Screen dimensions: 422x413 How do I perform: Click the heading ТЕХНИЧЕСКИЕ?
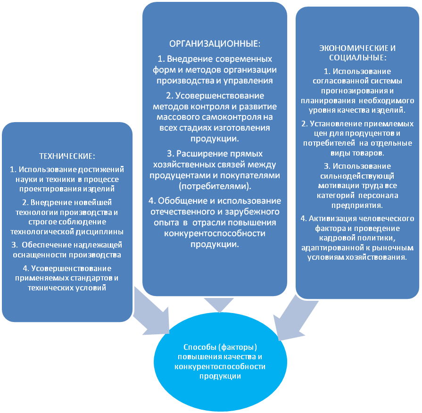point(66,156)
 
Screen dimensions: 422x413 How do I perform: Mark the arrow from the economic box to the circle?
point(289,321)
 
